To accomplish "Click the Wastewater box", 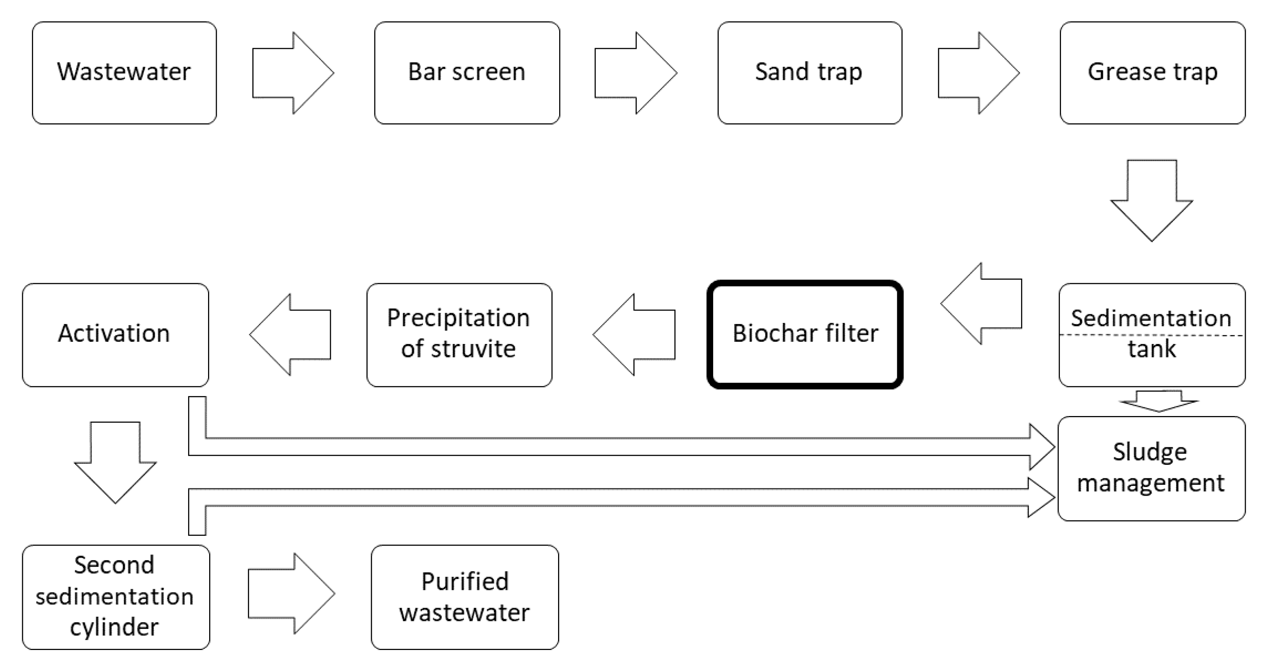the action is click(124, 73).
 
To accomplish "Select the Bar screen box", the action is click(467, 73).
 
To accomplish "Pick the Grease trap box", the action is click(1153, 73).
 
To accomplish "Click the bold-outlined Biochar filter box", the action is click(805, 334).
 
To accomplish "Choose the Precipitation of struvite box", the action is click(459, 335).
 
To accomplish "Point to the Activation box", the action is click(116, 335).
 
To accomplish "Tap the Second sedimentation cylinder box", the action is click(116, 597).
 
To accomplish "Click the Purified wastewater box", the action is click(465, 597).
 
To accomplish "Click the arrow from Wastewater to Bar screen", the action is click(293, 73).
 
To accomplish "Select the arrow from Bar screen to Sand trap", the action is click(636, 73).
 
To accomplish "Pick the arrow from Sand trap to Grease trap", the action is click(979, 73).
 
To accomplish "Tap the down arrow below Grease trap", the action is click(1151, 201).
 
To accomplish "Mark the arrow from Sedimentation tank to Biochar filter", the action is click(981, 303).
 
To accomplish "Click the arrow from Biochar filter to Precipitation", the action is click(634, 334).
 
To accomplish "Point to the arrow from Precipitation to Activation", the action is click(290, 334).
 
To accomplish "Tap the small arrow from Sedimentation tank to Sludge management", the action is click(1159, 401).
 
